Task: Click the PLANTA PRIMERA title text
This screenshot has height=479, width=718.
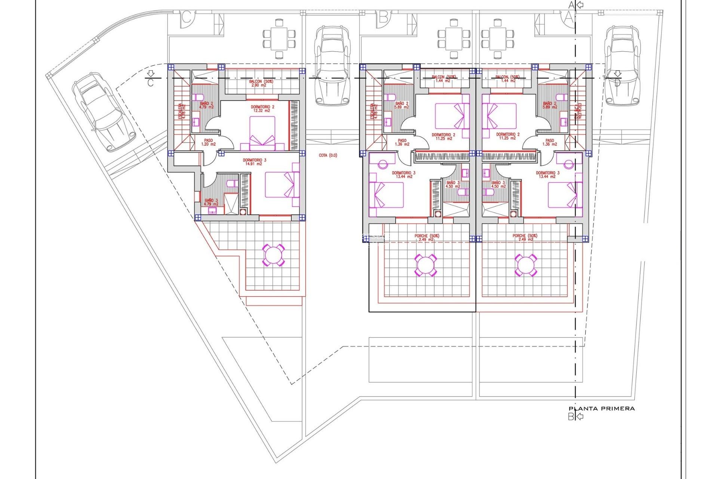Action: (x=601, y=409)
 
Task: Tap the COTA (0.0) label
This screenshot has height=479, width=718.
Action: (x=328, y=155)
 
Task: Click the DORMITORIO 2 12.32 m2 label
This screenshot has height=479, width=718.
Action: (x=262, y=109)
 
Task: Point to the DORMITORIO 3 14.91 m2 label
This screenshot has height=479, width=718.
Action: (x=254, y=162)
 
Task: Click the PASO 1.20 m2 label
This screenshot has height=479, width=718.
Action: (x=208, y=142)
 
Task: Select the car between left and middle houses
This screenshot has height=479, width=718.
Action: (x=332, y=65)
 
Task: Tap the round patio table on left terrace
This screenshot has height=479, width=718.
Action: (x=273, y=255)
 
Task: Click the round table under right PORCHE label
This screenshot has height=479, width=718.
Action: (x=525, y=265)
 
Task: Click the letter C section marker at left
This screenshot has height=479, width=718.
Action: (x=150, y=82)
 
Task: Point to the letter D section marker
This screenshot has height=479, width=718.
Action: (x=617, y=82)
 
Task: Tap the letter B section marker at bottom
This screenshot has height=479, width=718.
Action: (x=571, y=417)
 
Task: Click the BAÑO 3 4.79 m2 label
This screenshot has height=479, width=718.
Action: (x=211, y=202)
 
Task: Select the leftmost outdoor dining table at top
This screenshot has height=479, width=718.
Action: (x=279, y=39)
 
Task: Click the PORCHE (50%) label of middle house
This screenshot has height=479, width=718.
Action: (x=427, y=238)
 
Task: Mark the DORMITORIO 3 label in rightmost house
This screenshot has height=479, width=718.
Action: (x=547, y=174)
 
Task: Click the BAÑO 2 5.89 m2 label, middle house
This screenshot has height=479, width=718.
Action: (x=402, y=105)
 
